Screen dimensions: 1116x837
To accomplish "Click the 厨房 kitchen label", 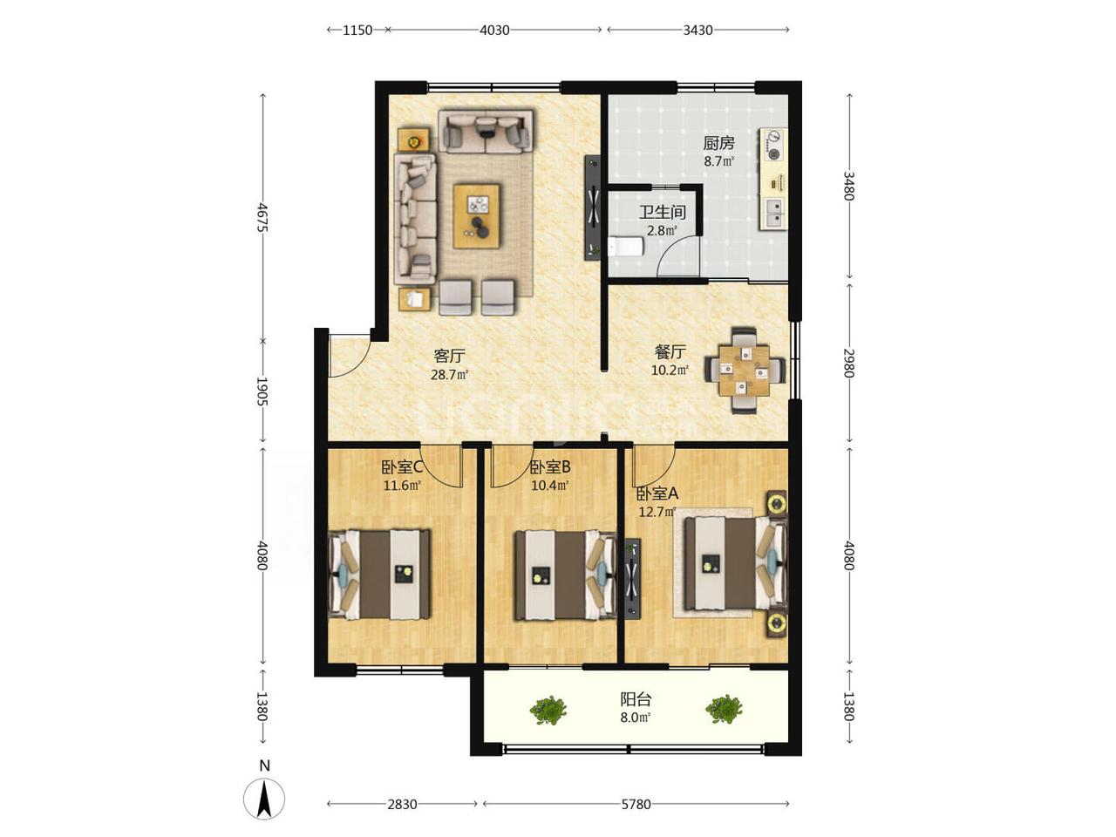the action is tap(718, 143).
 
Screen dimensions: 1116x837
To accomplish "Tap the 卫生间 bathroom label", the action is tap(662, 213).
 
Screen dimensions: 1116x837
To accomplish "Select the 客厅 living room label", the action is tap(449, 356).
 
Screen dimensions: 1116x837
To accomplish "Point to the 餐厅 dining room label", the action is tap(670, 351).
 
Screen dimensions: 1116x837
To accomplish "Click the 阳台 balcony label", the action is tap(636, 699).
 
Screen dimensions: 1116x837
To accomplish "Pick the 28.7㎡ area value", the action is tap(449, 375).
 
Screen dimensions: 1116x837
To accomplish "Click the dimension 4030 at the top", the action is tap(494, 30).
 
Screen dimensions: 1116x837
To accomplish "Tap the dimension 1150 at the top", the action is tap(357, 30).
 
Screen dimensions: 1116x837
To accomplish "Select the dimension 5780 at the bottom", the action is tap(636, 804).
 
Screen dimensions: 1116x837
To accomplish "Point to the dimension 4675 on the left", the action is tap(262, 217).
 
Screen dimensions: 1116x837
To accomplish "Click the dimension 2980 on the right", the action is tap(848, 363).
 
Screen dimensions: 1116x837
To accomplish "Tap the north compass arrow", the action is tap(264, 799).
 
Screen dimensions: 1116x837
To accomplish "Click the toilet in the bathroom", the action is tap(625, 247).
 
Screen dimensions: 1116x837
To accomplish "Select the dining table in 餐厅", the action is tap(744, 370).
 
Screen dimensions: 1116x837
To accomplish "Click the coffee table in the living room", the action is tap(476, 216).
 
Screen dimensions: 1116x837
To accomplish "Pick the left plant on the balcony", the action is tap(548, 710).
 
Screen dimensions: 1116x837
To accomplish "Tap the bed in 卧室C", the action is tap(380, 575).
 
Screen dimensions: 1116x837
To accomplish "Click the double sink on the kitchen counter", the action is tap(774, 213).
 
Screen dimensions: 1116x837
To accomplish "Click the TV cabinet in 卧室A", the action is tap(633, 579).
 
